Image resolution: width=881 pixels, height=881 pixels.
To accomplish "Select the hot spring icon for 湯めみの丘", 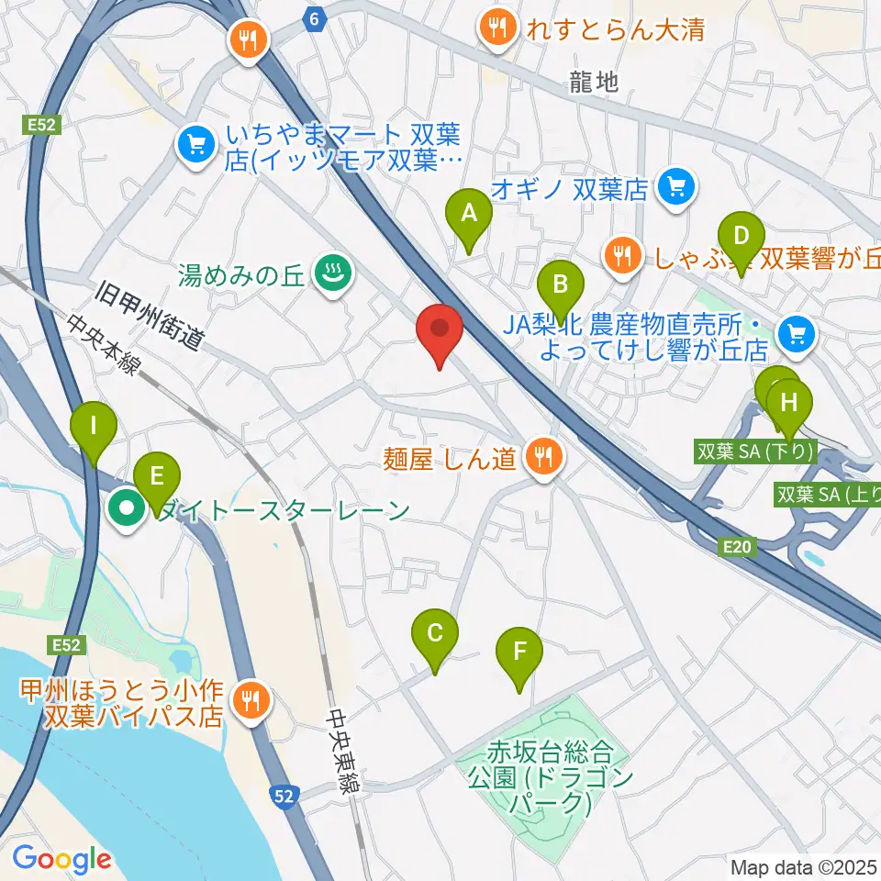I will (x=328, y=272).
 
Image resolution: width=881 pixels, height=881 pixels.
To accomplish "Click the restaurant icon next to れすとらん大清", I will (x=497, y=28).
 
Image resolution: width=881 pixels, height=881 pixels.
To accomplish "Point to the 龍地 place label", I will (x=594, y=82).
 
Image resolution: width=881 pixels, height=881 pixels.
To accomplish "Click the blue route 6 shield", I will (x=316, y=19).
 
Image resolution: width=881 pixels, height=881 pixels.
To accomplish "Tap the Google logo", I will (x=61, y=859).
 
